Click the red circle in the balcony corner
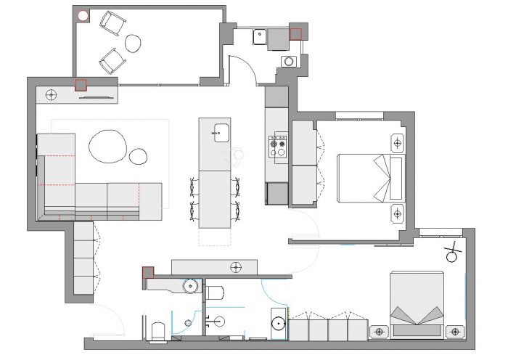(x=83, y=15)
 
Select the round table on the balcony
(x=134, y=44)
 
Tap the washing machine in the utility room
(x=290, y=61)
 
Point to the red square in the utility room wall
(x=295, y=33)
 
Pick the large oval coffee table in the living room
(x=107, y=145)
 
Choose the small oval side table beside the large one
(x=138, y=155)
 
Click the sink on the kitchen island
(x=221, y=132)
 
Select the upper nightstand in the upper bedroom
(x=397, y=142)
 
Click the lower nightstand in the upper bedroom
(x=397, y=213)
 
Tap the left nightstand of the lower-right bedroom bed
(x=378, y=331)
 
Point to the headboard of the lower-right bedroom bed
(x=417, y=331)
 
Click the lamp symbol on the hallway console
(x=235, y=268)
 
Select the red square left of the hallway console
(x=148, y=272)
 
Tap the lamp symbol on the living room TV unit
(x=52, y=94)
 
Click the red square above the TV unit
(x=81, y=83)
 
